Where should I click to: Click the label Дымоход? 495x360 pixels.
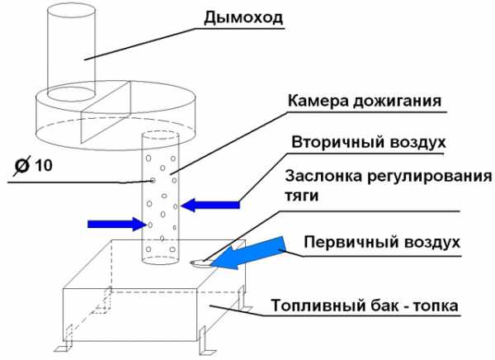pyautogui.click(x=243, y=17)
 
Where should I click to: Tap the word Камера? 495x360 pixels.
pyautogui.click(x=318, y=101)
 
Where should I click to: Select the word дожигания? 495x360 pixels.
pyautogui.click(x=397, y=102)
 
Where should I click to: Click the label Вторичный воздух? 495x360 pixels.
pyautogui.click(x=369, y=142)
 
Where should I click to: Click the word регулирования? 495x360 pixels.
pyautogui.click(x=429, y=177)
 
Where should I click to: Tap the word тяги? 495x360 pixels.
pyautogui.click(x=301, y=196)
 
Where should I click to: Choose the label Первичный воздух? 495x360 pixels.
pyautogui.click(x=382, y=243)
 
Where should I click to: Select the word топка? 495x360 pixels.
pyautogui.click(x=436, y=306)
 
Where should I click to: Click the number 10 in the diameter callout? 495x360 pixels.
pyautogui.click(x=43, y=165)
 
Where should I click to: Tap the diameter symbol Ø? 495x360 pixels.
pyautogui.click(x=22, y=167)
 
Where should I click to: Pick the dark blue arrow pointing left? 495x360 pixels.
pyautogui.click(x=210, y=205)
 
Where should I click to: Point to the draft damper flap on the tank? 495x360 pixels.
pyautogui.click(x=201, y=263)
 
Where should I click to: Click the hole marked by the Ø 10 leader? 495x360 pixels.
pyautogui.click(x=153, y=180)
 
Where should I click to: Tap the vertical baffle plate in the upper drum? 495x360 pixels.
pyautogui.click(x=106, y=111)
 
